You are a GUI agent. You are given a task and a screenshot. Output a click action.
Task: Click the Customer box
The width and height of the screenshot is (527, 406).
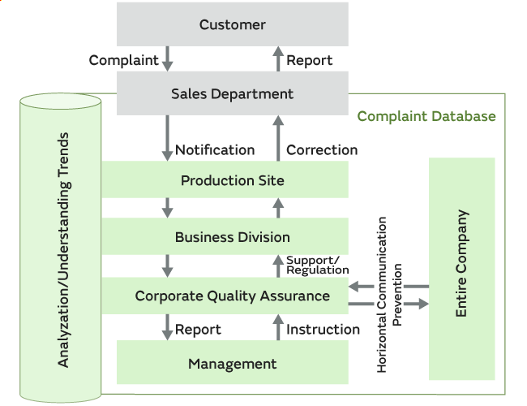233,24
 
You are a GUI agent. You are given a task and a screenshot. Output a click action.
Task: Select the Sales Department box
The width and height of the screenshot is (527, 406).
233,93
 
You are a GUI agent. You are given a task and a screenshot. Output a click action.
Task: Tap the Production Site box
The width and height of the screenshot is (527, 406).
233,179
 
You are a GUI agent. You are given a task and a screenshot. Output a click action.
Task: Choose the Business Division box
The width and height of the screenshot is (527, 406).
233,237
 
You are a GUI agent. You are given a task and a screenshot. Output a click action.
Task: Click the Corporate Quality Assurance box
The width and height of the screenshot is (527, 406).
233,296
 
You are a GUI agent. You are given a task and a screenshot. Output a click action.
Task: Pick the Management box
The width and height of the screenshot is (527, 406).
233,364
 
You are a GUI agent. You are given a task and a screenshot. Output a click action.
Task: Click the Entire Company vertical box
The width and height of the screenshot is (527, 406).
461,264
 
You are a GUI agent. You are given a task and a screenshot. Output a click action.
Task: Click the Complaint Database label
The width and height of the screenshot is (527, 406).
426,116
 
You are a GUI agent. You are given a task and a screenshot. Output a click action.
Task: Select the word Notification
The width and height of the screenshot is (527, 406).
215,149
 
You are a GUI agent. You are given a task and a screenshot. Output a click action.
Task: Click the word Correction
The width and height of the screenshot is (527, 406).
322,149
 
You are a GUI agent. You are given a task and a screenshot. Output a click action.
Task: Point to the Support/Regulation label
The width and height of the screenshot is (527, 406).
318,265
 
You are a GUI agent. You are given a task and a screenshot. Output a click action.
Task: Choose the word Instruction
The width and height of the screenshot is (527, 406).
323,329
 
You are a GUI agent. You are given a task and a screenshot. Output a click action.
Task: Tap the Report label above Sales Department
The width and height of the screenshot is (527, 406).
310,60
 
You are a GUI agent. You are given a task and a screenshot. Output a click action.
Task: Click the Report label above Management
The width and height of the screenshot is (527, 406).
198,329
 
